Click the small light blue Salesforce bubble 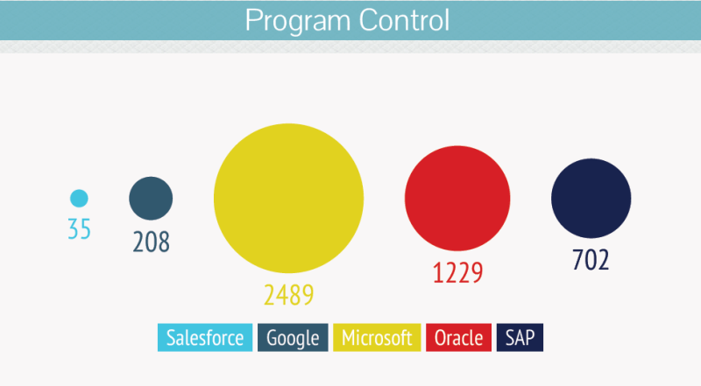click(79, 198)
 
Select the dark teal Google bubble click(151, 198)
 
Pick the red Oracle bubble click(457, 199)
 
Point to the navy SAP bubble click(591, 198)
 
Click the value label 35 click(79, 229)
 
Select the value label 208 click(151, 242)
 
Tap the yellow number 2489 click(288, 295)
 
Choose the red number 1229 click(457, 272)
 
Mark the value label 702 click(591, 260)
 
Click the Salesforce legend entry click(205, 338)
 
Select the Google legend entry click(293, 338)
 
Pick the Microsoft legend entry click(376, 338)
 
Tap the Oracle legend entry click(458, 338)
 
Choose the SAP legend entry click(520, 338)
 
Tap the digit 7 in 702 click(577, 260)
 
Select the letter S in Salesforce click(171, 338)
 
